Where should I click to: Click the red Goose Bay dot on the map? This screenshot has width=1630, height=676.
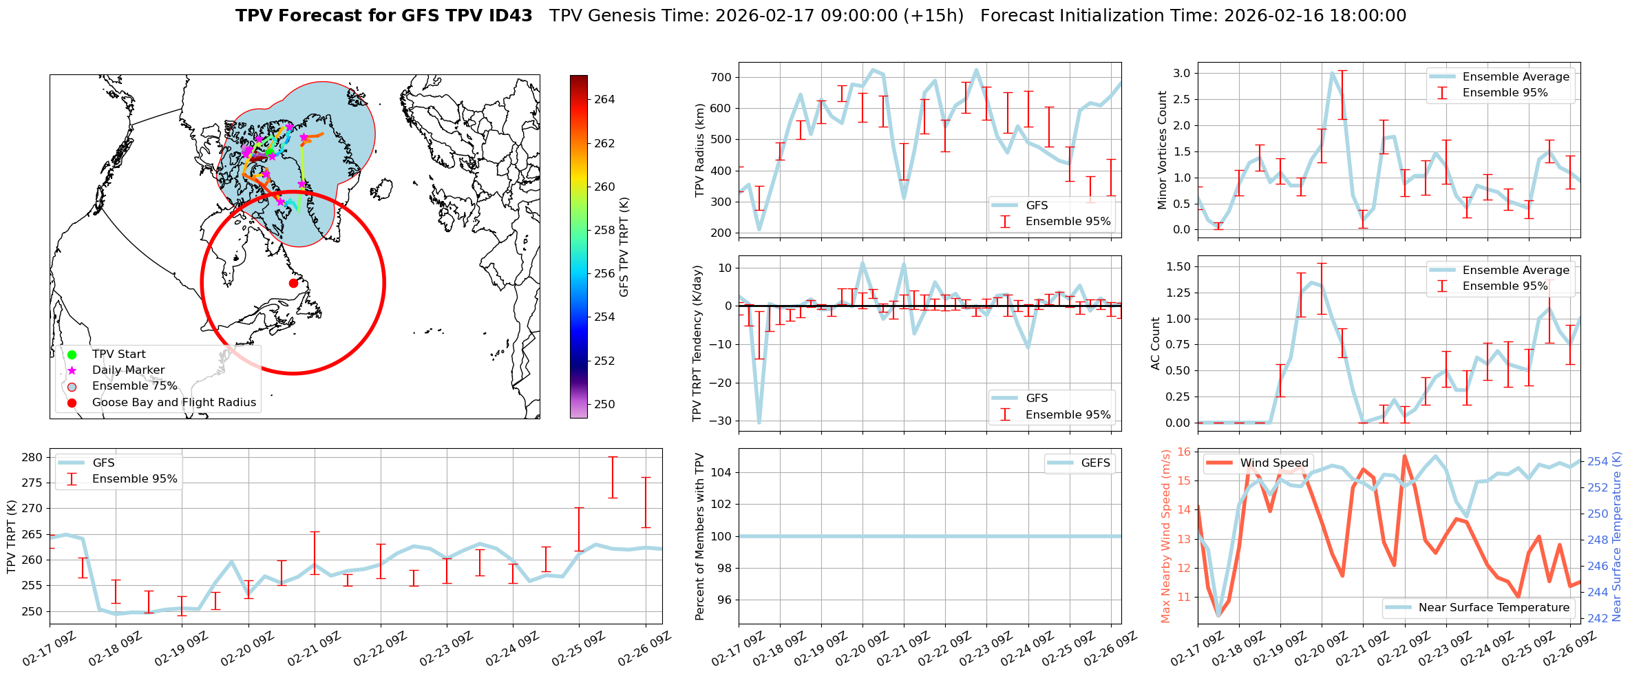(293, 283)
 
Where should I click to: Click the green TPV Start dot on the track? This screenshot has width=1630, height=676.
(270, 151)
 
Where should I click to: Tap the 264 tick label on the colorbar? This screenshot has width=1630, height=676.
(604, 99)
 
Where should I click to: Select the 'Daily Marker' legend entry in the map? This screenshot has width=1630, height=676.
(128, 370)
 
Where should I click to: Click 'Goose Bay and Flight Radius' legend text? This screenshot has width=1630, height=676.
(173, 402)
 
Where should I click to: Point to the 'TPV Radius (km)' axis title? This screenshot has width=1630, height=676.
(700, 150)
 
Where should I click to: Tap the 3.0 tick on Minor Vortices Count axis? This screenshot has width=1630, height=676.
(1181, 73)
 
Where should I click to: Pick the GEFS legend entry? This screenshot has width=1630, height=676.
(1095, 463)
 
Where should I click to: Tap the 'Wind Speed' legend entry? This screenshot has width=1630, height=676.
(1274, 463)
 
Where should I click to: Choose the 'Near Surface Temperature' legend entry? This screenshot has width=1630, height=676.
(1494, 607)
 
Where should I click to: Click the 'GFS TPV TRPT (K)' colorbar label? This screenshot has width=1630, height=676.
(624, 246)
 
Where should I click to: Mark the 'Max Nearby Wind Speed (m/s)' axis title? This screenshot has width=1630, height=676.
(1165, 536)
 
